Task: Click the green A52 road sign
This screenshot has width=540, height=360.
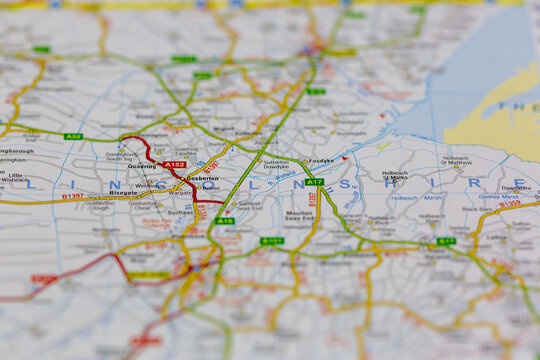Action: click(x=73, y=136)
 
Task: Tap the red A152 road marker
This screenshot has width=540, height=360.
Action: click(x=175, y=164)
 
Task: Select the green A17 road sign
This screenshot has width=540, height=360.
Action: click(x=314, y=182)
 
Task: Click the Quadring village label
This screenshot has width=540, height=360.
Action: click(x=142, y=167)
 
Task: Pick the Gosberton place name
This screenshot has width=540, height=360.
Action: click(x=203, y=177)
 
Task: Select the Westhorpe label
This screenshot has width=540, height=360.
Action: click(x=150, y=185)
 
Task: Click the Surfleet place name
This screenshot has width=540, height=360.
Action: click(x=181, y=212)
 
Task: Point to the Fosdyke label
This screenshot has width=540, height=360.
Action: click(x=321, y=160)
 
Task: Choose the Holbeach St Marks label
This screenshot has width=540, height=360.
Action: click(x=395, y=177)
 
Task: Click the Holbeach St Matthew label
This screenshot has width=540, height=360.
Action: click(x=456, y=160)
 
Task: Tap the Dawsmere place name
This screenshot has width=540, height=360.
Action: click(x=516, y=187)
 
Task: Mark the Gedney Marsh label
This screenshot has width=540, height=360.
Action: click(x=498, y=197)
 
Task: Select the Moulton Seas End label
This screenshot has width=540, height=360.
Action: click(x=300, y=216)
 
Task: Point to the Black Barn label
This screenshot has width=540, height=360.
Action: click(x=477, y=208)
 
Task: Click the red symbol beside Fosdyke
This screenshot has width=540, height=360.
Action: click(x=344, y=158)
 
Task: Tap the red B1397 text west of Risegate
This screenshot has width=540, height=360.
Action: click(x=72, y=197)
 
